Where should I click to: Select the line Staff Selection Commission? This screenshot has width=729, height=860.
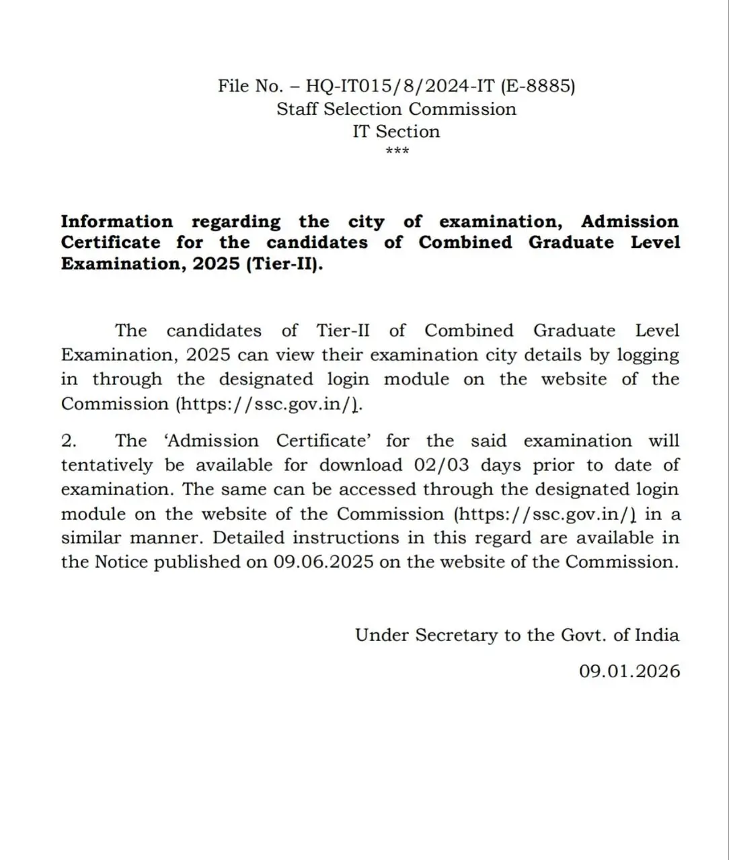[396, 109]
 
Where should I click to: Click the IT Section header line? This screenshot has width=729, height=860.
[396, 131]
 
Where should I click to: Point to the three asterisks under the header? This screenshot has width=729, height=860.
[397, 150]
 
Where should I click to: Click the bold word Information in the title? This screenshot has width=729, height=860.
[116, 222]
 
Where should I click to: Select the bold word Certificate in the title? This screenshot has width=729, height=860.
[110, 243]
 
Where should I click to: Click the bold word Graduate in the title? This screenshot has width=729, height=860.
[571, 243]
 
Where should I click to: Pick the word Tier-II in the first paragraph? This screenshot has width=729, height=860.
[342, 331]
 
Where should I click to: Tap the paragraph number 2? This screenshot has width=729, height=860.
[69, 441]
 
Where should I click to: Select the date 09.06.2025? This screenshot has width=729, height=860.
[323, 562]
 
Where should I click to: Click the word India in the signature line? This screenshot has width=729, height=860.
[657, 635]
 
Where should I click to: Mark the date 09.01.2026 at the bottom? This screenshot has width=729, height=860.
[629, 671]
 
